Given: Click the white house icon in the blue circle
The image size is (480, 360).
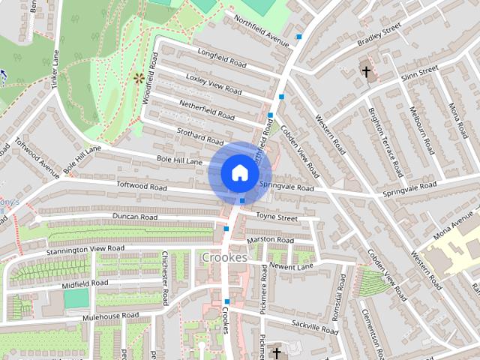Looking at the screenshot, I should [x=239, y=172].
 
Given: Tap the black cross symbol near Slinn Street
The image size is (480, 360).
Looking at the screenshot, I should [x=366, y=72].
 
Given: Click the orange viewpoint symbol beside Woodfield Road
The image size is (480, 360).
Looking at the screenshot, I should [x=138, y=77].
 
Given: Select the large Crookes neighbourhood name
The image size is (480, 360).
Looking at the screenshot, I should [x=224, y=257].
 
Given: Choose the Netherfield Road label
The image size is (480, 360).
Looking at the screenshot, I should [x=206, y=110].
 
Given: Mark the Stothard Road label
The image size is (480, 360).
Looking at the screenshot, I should [x=200, y=136].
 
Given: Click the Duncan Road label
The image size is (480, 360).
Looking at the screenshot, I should [x=134, y=217].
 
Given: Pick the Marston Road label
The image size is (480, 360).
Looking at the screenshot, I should [x=271, y=240].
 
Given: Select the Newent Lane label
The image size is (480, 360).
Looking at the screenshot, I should [x=292, y=266].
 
